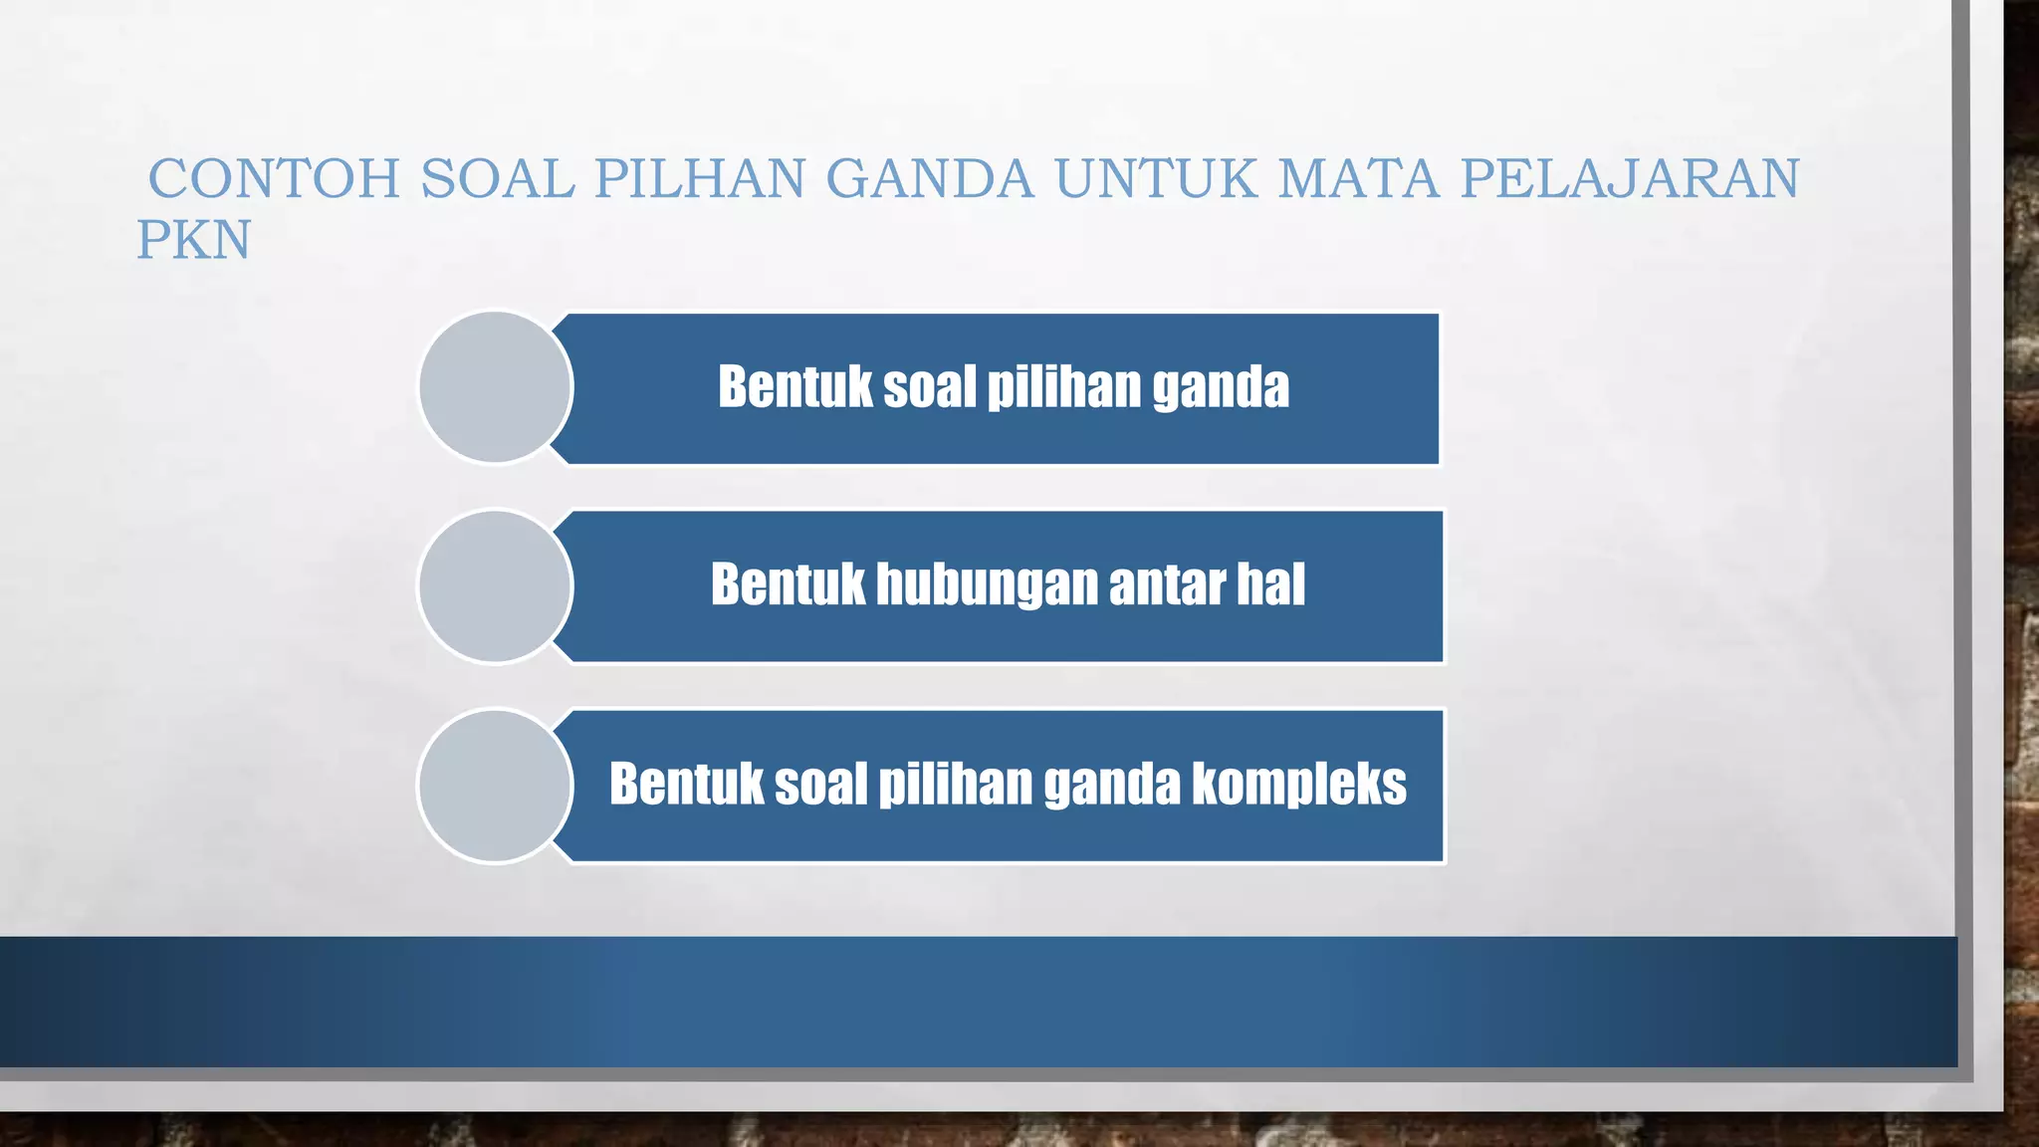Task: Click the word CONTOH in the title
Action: click(x=274, y=179)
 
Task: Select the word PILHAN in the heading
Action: click(x=700, y=179)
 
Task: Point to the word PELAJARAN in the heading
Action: click(x=1630, y=179)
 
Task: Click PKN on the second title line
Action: click(x=194, y=241)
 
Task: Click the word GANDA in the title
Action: click(x=930, y=179)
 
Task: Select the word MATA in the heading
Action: click(x=1359, y=179)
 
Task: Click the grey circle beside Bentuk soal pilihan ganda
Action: click(x=495, y=387)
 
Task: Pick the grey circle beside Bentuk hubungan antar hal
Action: click(x=495, y=586)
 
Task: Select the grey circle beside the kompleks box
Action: click(x=495, y=786)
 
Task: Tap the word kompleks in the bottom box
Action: click(x=1298, y=785)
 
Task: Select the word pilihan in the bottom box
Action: click(x=955, y=786)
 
